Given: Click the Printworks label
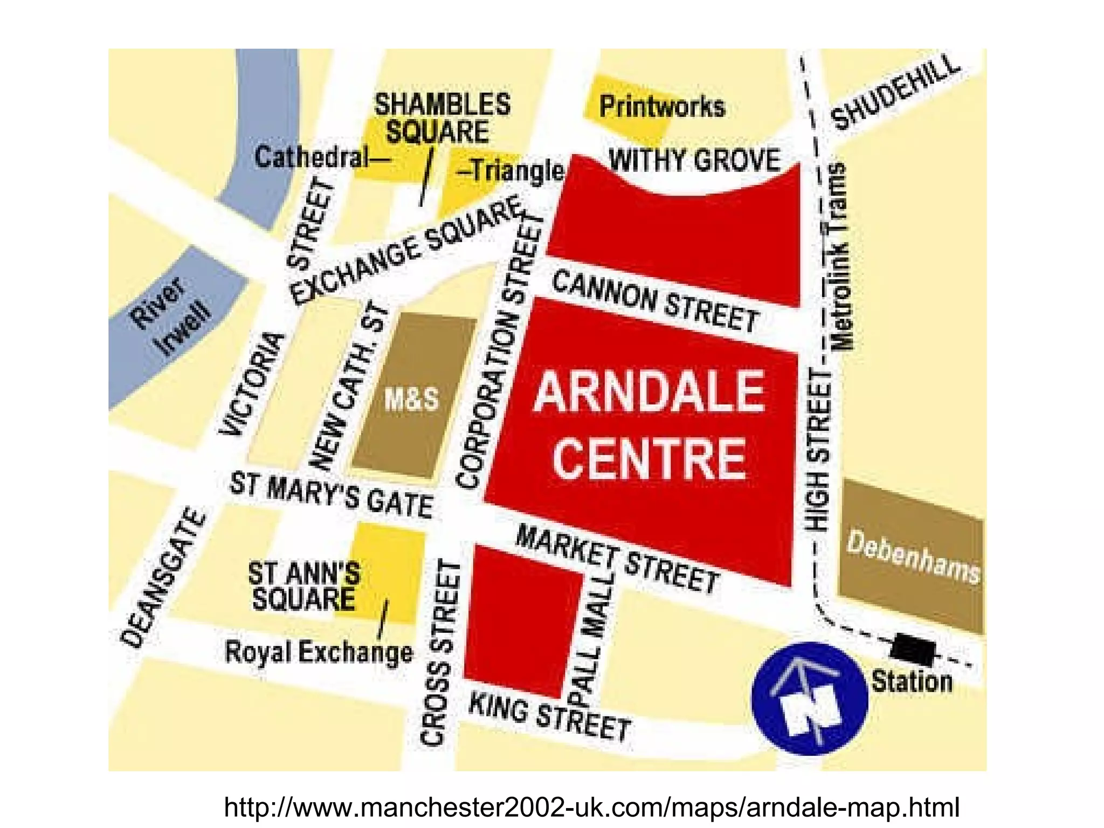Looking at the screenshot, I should coord(662,106).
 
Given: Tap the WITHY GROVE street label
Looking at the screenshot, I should coord(694,160).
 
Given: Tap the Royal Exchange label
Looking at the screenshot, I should coord(319,652).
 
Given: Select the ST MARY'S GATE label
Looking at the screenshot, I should coord(332,494).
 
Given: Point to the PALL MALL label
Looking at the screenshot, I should coord(594,639).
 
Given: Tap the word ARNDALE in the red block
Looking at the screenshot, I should coord(649,391).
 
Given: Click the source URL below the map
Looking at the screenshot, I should coord(591,808).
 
